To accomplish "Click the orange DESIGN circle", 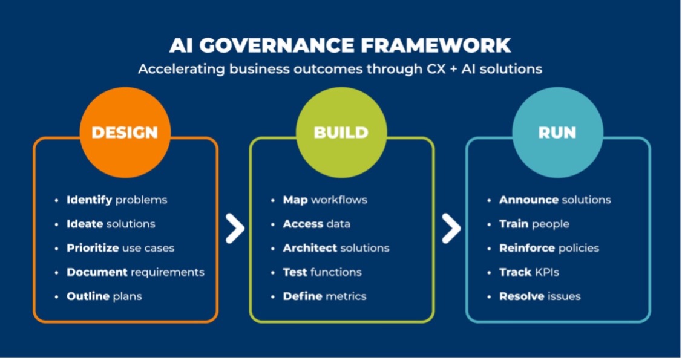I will [125, 133].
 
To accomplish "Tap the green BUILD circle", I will [341, 133].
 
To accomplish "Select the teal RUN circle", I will [557, 133].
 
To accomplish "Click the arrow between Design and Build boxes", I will [234, 229].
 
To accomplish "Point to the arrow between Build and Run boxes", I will [451, 229].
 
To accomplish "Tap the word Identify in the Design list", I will [89, 200].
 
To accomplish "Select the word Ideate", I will [85, 224].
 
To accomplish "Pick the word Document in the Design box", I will [97, 272].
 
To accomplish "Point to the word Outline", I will [88, 296].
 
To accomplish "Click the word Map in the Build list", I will [295, 200].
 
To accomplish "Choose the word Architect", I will [309, 248].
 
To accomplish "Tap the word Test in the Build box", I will [295, 272].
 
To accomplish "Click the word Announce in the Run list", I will [528, 200].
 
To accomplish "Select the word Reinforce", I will [526, 248].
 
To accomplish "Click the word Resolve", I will [521, 296].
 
